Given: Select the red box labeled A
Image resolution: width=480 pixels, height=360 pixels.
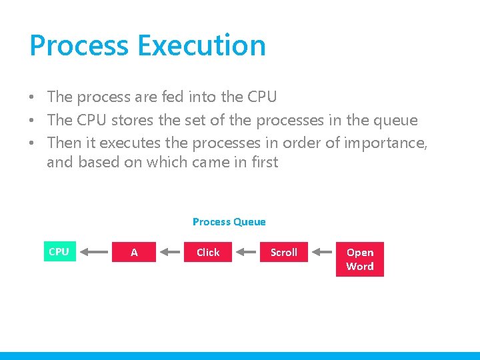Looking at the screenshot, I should (134, 252).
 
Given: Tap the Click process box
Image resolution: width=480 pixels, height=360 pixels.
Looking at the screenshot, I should (208, 252).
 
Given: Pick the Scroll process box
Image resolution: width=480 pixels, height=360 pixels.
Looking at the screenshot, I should (284, 252).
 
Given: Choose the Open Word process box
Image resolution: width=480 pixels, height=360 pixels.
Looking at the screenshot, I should (360, 259).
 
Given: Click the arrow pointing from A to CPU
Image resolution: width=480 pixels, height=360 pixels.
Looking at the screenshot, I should (97, 252).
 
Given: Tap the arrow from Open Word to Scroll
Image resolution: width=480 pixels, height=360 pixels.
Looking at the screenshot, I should (323, 252).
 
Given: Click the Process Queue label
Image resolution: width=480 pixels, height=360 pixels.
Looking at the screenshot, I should (229, 221).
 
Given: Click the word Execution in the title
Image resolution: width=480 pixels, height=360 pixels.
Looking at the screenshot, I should (201, 45).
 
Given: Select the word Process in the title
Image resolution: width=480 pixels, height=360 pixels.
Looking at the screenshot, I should (79, 45).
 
